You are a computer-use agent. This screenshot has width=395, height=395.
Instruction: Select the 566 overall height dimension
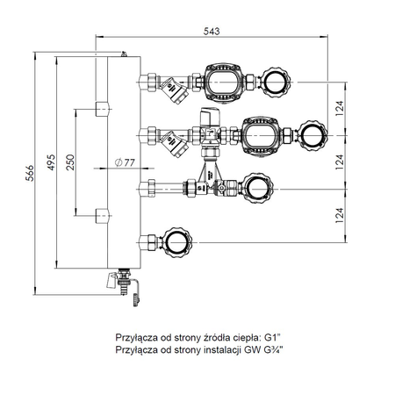click(29, 169)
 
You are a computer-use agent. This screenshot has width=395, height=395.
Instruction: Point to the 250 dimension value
click(72, 162)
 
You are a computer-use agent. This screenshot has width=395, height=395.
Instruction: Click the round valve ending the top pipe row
click(276, 82)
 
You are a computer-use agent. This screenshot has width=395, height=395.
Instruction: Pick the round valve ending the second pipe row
click(313, 134)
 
